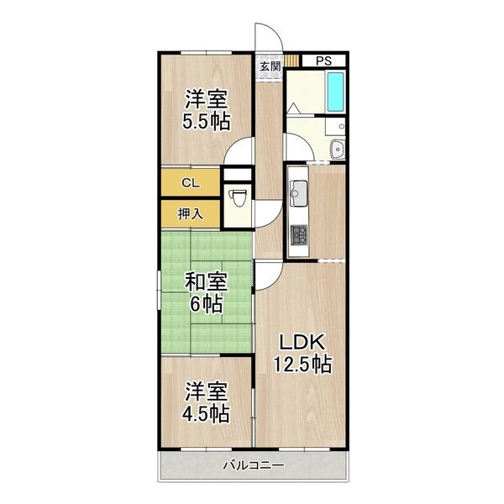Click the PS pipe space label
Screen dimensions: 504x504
[x=323, y=60]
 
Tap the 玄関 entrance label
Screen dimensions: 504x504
[x=270, y=66]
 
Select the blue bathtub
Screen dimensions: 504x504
[x=335, y=92]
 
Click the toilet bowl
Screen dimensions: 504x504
[x=238, y=197]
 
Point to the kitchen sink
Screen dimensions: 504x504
[x=298, y=193]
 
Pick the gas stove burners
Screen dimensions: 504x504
[x=298, y=234]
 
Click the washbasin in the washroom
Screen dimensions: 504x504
[x=338, y=149]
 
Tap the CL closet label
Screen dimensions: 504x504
[x=191, y=183]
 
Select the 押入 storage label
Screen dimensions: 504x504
[x=191, y=213]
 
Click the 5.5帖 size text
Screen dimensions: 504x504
[x=207, y=122]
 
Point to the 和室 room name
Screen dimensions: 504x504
[x=206, y=282]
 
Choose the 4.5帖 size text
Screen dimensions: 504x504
[x=206, y=413]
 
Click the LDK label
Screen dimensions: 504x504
[x=302, y=342]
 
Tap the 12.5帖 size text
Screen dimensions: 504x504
[x=302, y=364]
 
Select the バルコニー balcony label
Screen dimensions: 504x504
[x=254, y=465]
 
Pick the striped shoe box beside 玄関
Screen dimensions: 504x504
[x=291, y=60]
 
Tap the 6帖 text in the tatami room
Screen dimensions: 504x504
[x=206, y=303]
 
